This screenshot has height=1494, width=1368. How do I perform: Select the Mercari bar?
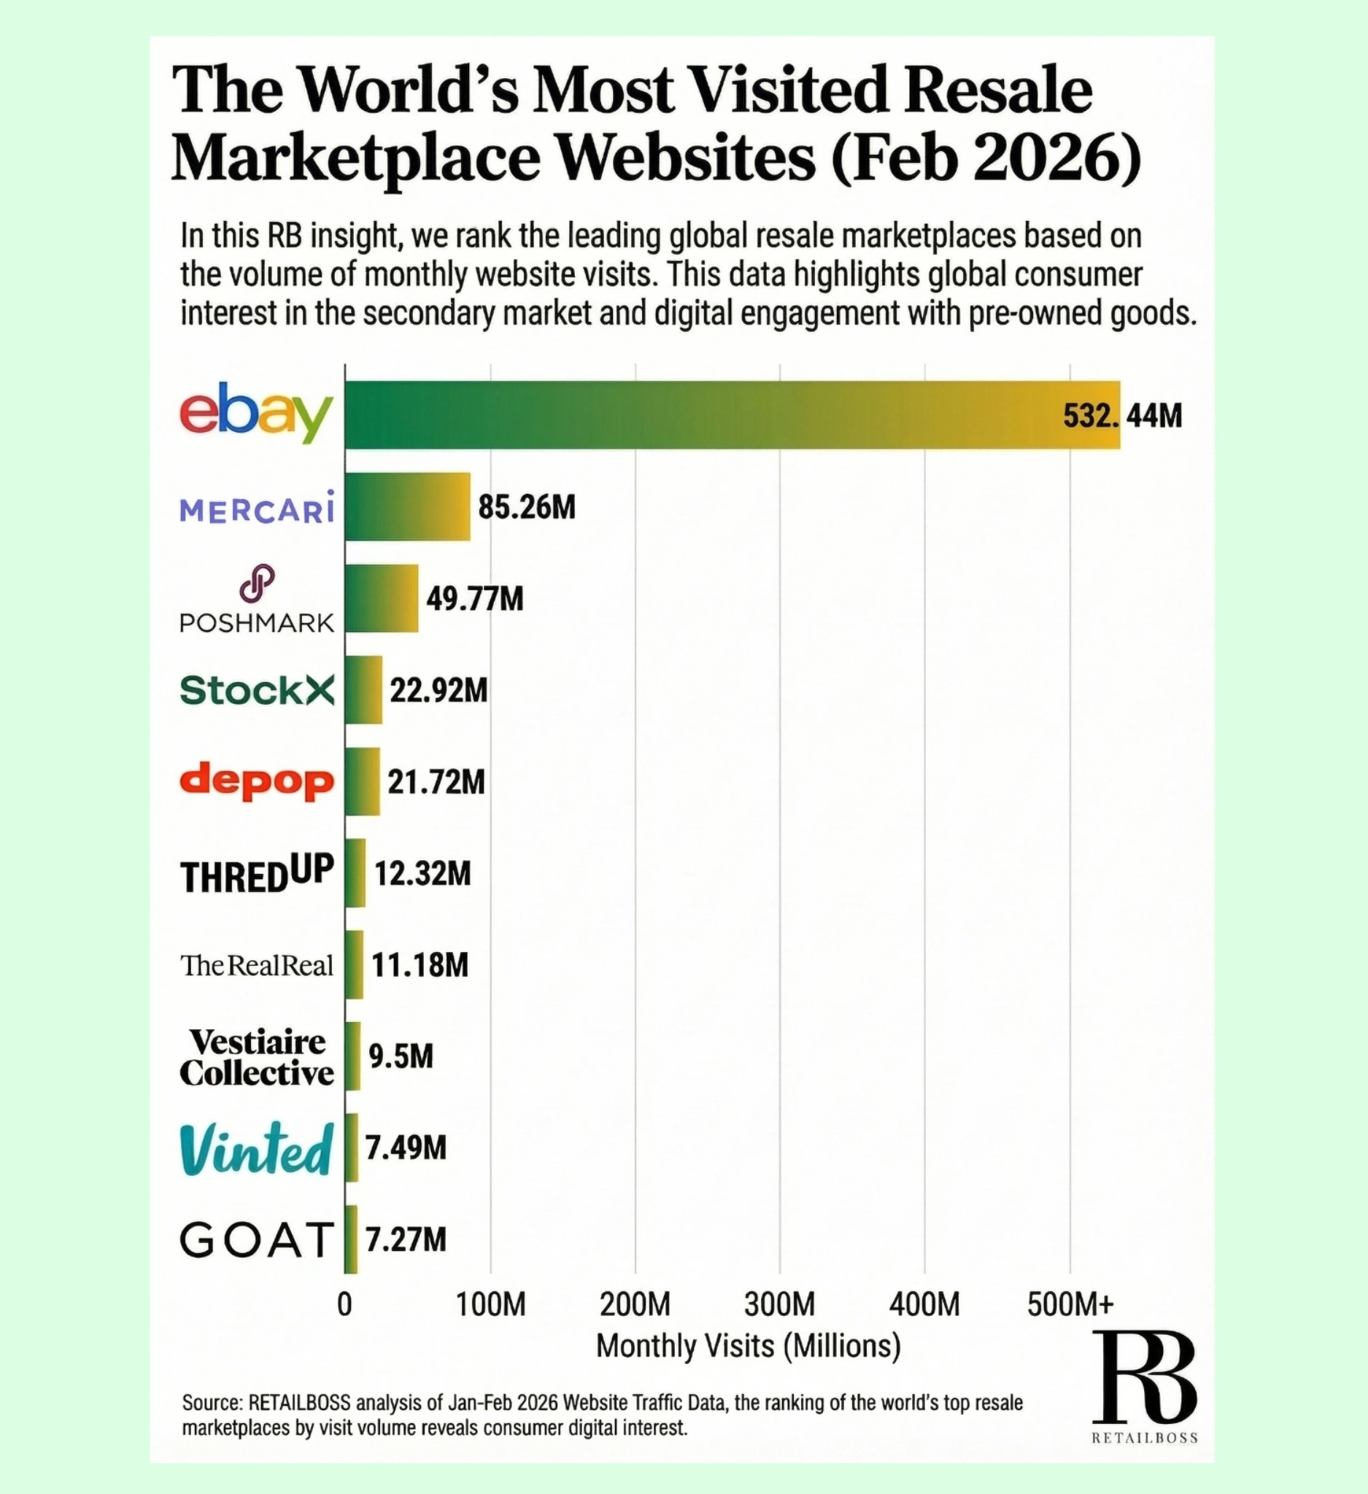pos(408,507)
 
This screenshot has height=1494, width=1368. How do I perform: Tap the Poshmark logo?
pos(256,600)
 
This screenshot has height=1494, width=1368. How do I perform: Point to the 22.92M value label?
pos(438,691)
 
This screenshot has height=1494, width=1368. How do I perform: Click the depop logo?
pos(256,782)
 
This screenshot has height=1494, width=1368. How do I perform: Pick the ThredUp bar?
pos(355,873)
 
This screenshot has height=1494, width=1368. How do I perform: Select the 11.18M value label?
pos(420,965)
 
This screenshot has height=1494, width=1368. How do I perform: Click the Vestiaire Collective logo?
pos(256,1058)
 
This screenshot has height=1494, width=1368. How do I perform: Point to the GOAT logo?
pos(256,1241)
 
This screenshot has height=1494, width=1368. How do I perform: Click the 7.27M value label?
pos(406,1240)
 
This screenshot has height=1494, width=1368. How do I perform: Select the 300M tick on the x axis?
pos(780,1304)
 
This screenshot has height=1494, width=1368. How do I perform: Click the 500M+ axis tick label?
pos(1070,1304)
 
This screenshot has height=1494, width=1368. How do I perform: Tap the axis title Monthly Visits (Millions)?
pos(748,1346)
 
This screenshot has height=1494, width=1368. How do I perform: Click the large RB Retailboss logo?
pos(1144,1379)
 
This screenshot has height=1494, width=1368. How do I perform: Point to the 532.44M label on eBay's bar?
pos(1122,415)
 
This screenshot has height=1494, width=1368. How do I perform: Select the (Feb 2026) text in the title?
pos(986,158)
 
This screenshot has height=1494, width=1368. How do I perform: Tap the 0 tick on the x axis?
pos(344,1304)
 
